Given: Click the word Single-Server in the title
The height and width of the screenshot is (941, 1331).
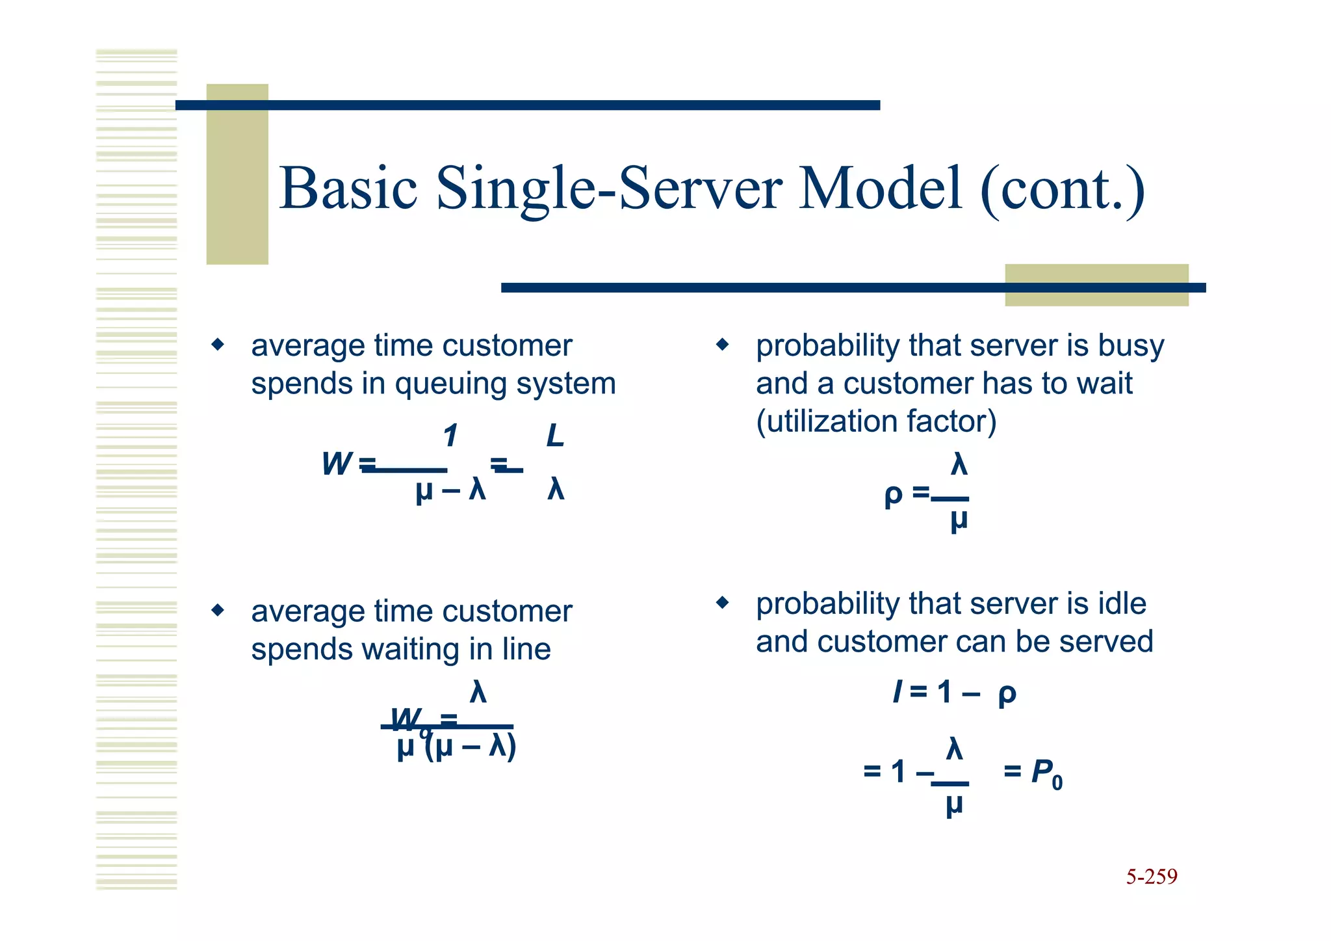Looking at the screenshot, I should (x=609, y=189).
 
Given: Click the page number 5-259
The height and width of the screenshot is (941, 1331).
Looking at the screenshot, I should (x=1151, y=877).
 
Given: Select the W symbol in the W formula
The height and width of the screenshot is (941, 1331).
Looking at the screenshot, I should (x=337, y=464).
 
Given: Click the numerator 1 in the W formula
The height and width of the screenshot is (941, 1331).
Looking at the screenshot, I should (x=450, y=436).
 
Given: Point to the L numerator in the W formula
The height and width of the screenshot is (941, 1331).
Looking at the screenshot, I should (x=554, y=436).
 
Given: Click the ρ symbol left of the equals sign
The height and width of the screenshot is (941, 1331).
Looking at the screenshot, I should (x=893, y=496).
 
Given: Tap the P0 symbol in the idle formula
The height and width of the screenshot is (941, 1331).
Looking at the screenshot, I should (x=1046, y=773).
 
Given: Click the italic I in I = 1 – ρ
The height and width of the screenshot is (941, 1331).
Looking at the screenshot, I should (x=898, y=692).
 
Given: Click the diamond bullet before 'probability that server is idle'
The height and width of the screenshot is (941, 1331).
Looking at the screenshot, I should (x=722, y=603).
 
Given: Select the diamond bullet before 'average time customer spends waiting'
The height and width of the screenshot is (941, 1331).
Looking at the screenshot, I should (x=218, y=610).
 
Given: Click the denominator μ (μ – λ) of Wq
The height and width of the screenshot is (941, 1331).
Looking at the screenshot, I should (x=457, y=748).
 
